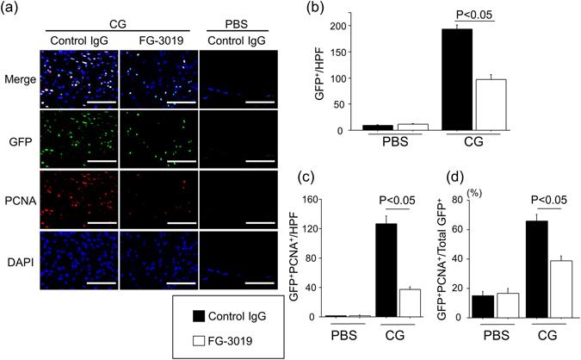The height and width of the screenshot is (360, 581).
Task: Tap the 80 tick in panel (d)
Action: click(463, 202)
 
